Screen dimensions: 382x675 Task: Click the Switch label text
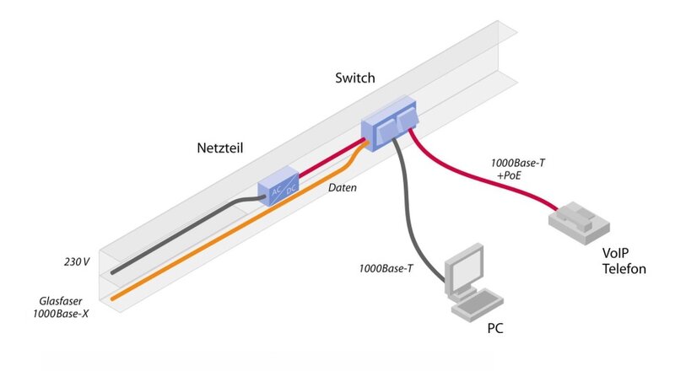click(x=354, y=78)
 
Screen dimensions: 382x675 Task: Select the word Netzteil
click(x=221, y=148)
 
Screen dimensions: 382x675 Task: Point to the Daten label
click(x=343, y=188)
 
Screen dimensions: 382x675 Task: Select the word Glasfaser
click(x=63, y=300)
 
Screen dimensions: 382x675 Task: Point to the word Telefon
click(x=625, y=269)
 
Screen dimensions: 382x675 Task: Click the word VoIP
click(x=618, y=254)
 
